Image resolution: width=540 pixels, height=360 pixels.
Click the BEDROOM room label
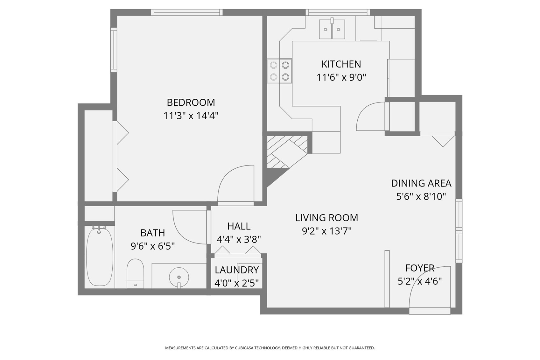pyautogui.click(x=191, y=102)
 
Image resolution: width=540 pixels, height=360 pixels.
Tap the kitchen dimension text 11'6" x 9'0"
pyautogui.click(x=341, y=77)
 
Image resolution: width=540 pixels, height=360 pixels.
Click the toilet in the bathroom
pyautogui.click(x=135, y=273)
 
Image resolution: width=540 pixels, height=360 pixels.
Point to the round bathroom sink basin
pyautogui.click(x=179, y=277)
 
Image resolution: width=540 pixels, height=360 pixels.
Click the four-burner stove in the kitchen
pyautogui.click(x=280, y=71)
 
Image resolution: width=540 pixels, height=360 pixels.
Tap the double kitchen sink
pyautogui.click(x=332, y=29)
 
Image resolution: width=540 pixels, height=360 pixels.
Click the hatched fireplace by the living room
pyautogui.click(x=287, y=152)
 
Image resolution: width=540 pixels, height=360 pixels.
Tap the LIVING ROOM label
pyautogui.click(x=327, y=218)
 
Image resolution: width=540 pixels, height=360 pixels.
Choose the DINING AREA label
pyautogui.click(x=421, y=183)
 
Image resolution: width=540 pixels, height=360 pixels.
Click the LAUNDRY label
pyautogui.click(x=236, y=270)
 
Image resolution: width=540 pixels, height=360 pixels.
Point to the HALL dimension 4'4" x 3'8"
pyautogui.click(x=239, y=239)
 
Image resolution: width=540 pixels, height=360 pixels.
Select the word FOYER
pyautogui.click(x=420, y=268)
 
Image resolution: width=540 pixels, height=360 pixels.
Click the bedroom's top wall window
pyautogui.click(x=187, y=12)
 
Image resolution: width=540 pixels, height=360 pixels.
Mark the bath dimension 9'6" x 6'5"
pyautogui.click(x=153, y=246)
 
